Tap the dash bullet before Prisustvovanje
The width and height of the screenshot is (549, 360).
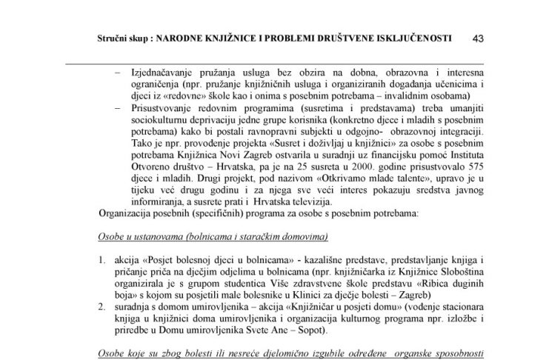tap(122, 107)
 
